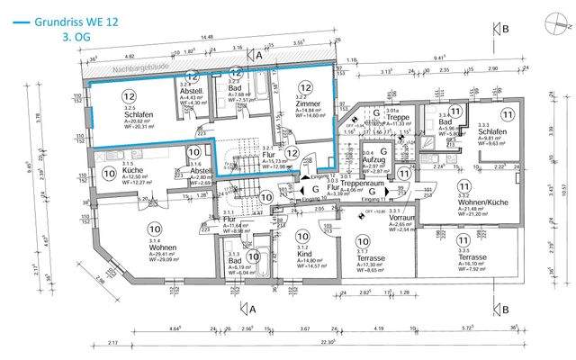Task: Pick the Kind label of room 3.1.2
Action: click(x=302, y=255)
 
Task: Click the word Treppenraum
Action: click(x=363, y=184)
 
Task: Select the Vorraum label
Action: click(x=401, y=218)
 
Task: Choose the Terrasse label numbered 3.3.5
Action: click(x=472, y=256)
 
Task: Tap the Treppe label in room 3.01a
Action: click(x=397, y=118)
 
